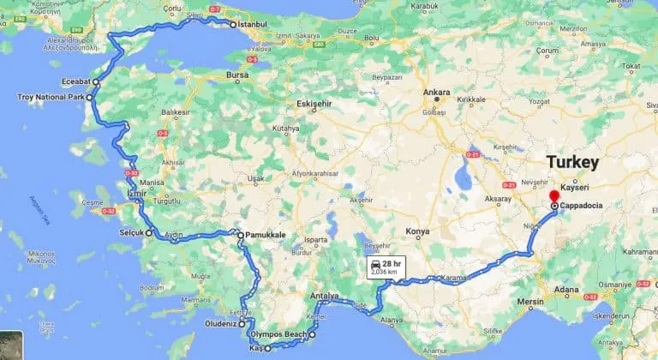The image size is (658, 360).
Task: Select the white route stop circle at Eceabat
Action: (x=96, y=83)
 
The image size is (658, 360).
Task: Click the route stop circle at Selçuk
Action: (x=148, y=232)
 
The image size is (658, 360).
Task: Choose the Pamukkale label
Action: (x=265, y=234)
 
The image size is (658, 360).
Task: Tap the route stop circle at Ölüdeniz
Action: (x=242, y=325)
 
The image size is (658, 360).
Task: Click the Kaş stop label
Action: (x=254, y=349)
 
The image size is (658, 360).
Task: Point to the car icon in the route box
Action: (x=375, y=267)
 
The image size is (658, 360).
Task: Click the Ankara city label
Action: (x=438, y=94)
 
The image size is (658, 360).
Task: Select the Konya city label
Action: (x=417, y=231)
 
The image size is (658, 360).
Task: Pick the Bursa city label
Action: (x=236, y=75)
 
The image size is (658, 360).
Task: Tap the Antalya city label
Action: (x=326, y=297)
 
